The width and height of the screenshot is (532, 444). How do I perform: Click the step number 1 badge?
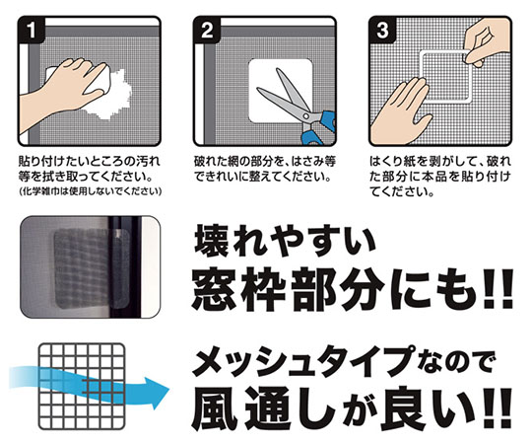coord(32,30)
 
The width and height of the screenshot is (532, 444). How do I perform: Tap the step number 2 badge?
coord(207,30)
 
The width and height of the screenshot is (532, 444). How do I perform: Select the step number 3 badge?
coord(382,30)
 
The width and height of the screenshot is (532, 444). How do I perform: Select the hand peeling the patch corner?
coord(487,40)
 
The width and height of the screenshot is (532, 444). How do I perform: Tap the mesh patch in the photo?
coord(92,269)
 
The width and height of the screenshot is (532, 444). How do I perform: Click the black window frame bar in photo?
coord(124,266)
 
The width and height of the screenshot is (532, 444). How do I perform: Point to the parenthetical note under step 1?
coord(90,191)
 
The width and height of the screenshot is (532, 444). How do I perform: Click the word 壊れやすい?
coord(285,241)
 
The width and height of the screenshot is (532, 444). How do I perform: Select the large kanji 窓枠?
coord(238,289)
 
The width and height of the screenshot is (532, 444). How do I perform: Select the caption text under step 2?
coord(265,169)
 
